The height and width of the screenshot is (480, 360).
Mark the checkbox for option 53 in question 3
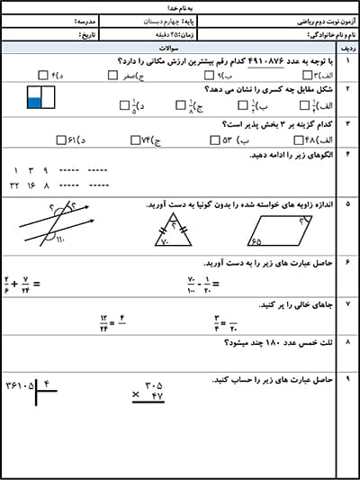click(214, 140)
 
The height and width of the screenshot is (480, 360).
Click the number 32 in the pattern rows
click(13, 184)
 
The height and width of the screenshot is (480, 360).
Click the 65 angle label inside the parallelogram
click(257, 241)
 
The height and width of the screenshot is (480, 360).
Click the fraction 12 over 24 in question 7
click(103, 322)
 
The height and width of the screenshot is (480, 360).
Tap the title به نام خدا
click(180, 6)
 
